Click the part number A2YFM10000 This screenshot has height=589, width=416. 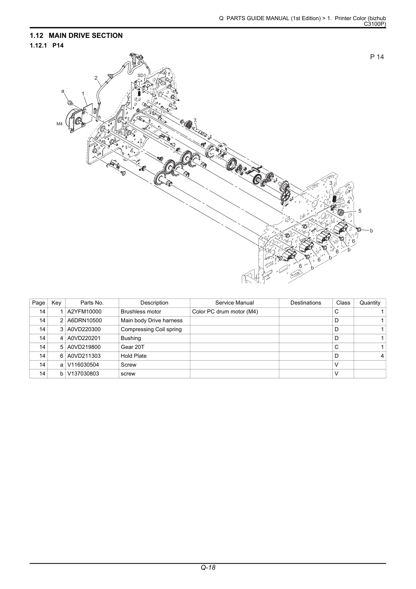(x=84, y=311)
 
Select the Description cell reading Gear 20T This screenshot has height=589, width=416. (x=132, y=347)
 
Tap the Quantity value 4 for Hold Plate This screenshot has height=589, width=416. (x=382, y=356)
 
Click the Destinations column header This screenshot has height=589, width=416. (x=306, y=303)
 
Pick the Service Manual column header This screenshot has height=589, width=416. (x=235, y=303)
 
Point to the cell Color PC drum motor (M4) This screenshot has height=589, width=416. (x=225, y=311)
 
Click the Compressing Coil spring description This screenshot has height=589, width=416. (x=151, y=329)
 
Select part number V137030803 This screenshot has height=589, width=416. (x=83, y=373)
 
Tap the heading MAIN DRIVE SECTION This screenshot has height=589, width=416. (x=86, y=35)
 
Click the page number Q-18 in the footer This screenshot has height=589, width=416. (x=208, y=575)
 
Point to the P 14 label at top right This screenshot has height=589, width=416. (x=377, y=57)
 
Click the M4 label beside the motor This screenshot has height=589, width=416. (x=60, y=124)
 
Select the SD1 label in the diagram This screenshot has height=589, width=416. (x=142, y=75)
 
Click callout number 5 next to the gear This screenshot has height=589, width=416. (x=360, y=211)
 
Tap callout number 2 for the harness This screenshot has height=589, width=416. (x=96, y=78)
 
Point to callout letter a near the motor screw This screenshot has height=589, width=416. (x=62, y=91)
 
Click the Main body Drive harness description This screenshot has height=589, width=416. (x=152, y=320)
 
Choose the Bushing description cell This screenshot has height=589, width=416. (x=131, y=338)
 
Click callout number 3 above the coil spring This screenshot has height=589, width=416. (x=331, y=183)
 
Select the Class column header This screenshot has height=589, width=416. (x=343, y=303)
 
